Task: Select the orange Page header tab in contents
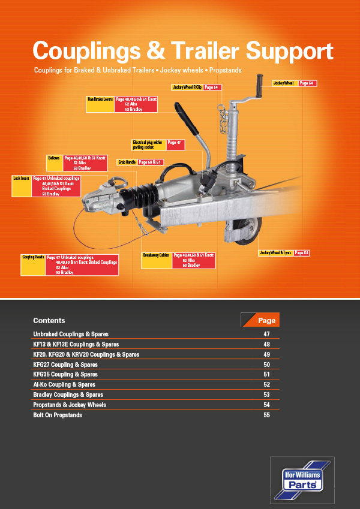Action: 262,320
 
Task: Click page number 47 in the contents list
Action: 267,334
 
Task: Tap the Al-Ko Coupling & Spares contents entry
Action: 64,384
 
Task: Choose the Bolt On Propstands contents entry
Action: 58,415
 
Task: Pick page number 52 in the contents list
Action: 267,384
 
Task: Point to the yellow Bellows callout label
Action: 54,162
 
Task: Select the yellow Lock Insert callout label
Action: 22,186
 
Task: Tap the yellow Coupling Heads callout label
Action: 33,264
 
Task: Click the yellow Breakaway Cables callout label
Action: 156,260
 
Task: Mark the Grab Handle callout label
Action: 127,162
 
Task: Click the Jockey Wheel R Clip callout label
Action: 187,88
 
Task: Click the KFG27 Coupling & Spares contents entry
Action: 65,365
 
